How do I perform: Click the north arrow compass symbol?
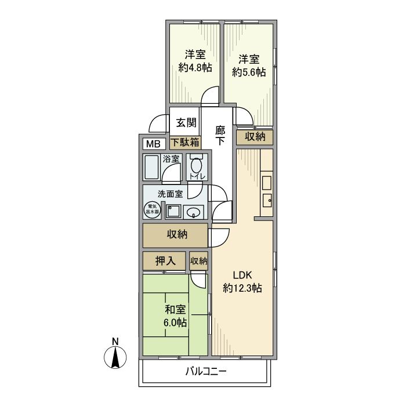115,356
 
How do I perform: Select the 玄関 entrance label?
186,123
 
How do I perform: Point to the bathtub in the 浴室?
152,167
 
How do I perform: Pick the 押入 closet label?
165,261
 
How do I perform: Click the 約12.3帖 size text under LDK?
242,288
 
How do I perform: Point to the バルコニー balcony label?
205,371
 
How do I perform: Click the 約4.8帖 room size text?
195,67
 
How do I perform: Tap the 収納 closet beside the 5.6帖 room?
255,137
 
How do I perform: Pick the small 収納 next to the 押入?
198,261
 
